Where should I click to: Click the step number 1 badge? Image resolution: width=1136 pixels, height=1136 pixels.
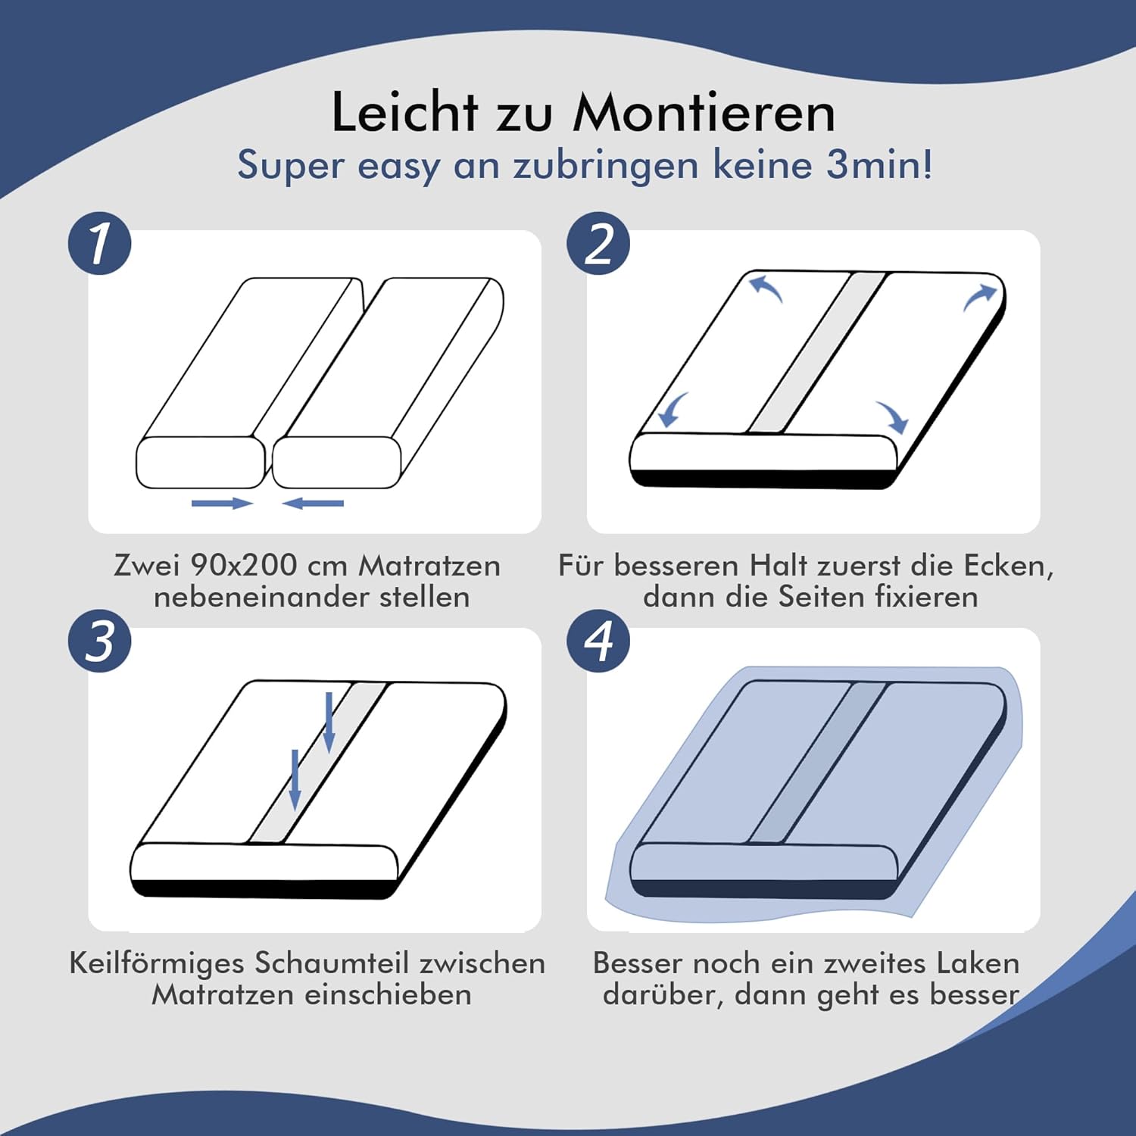pos(100,243)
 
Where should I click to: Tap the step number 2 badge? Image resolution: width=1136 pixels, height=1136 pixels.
pos(598,243)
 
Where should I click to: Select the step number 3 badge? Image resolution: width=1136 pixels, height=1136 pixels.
pos(100,641)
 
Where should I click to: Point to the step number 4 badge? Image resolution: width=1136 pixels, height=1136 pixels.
pos(598,641)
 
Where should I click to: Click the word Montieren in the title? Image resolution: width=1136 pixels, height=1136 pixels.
pos(704,113)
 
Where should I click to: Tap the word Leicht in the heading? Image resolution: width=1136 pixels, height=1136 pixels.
pos(405,113)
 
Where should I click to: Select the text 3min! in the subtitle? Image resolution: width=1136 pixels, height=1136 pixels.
pos(879,164)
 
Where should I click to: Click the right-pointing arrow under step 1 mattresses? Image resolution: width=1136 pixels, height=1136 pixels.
pos(222,503)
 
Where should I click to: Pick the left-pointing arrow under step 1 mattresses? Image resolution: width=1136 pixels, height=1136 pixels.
pos(313,503)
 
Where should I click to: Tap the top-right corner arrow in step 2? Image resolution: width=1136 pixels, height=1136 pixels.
pos(979,296)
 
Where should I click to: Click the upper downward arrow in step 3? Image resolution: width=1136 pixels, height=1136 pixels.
pos(329,722)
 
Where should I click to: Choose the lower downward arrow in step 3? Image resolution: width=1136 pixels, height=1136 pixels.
pos(295,779)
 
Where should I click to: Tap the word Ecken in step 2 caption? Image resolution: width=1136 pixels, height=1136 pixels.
pos(1005,565)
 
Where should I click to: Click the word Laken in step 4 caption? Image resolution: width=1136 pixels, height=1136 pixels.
pos(978,963)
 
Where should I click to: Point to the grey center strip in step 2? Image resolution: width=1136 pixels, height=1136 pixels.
pos(816,352)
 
